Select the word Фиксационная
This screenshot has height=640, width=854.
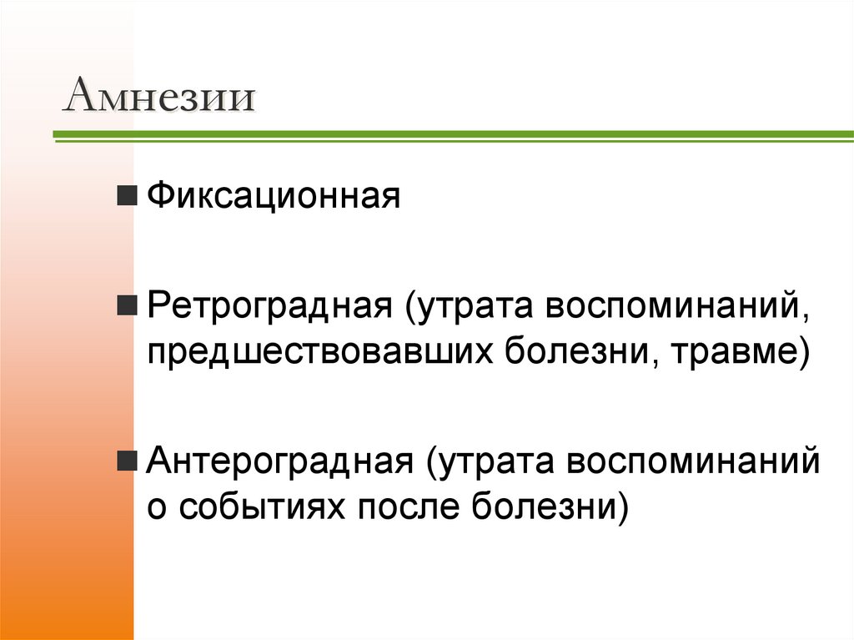click(274, 197)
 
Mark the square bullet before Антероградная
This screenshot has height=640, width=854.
click(128, 460)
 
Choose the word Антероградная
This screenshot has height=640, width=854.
click(281, 461)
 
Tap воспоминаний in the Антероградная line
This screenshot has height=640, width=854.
click(693, 461)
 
